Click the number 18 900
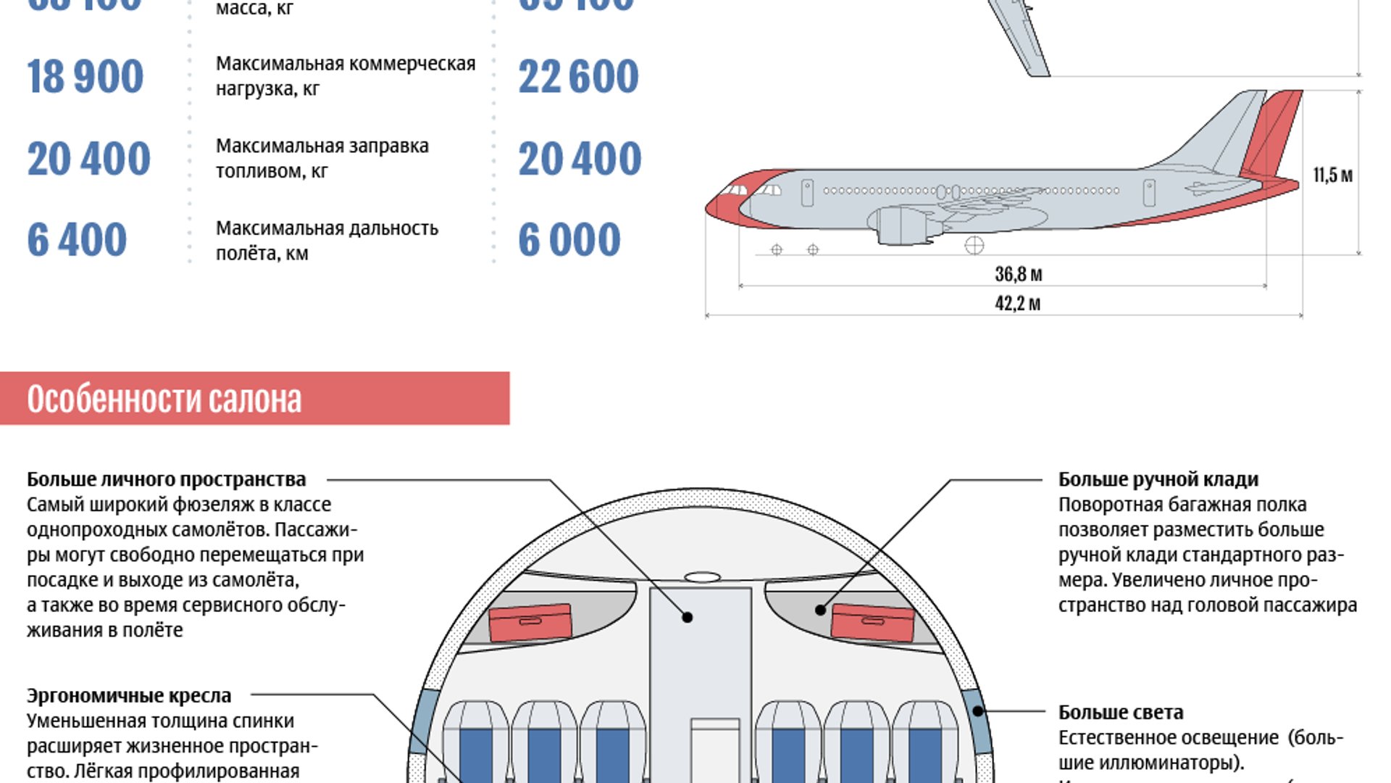click(x=85, y=77)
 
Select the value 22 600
click(x=578, y=77)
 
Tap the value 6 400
click(x=77, y=240)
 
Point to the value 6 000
click(x=569, y=240)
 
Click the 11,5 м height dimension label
click(x=1332, y=175)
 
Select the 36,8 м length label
click(x=1018, y=274)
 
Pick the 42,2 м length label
click(x=1017, y=303)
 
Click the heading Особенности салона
click(x=164, y=399)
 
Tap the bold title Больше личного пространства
click(x=167, y=479)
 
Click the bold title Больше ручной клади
click(x=1158, y=479)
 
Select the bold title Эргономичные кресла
click(x=129, y=695)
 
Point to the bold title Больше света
click(x=1121, y=712)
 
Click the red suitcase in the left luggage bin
click(x=530, y=622)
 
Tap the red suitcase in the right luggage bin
click(x=872, y=622)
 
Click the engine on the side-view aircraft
click(x=901, y=225)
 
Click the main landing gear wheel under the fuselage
click(x=974, y=246)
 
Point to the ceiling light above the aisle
click(x=702, y=577)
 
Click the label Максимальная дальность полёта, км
click(x=327, y=240)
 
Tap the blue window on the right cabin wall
click(x=978, y=725)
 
